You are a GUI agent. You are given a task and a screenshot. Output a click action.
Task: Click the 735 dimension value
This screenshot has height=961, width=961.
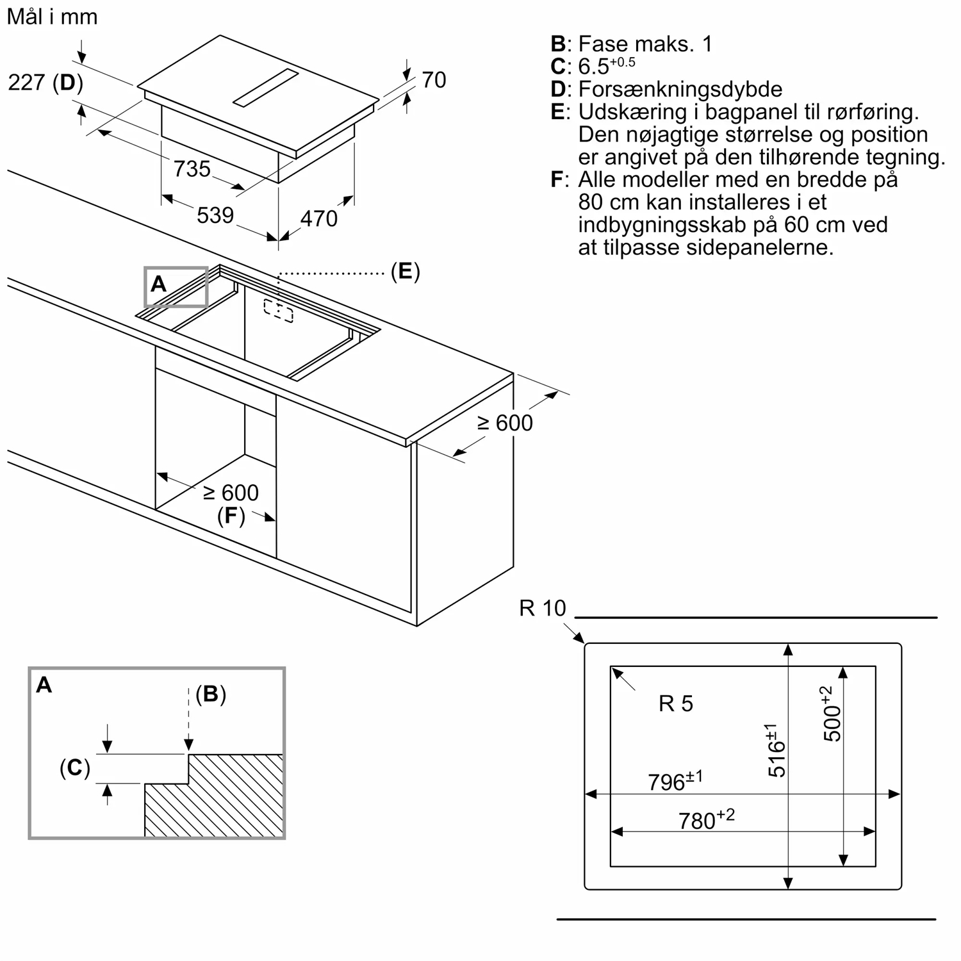coord(192,169)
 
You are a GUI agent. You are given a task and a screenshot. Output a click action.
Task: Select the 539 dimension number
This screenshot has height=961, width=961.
coord(215,215)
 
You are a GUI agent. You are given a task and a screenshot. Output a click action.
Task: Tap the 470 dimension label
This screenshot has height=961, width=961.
coord(318,219)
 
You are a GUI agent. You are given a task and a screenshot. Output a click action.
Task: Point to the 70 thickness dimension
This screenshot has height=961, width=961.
coord(434,80)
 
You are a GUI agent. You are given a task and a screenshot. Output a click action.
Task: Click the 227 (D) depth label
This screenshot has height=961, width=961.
coord(45,83)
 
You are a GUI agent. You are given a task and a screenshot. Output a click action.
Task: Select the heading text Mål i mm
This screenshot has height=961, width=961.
coord(52,17)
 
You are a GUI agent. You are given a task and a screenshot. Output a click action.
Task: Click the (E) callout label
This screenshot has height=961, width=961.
coord(405,272)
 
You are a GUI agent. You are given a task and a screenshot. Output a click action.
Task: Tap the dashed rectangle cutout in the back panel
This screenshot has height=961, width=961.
coord(279,311)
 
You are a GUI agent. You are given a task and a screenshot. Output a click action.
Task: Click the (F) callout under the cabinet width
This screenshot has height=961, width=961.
coord(231,516)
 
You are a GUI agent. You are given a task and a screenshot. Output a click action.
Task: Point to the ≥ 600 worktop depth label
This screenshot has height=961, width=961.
coord(505,423)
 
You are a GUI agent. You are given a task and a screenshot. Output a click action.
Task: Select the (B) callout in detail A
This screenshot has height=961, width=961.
coord(211,694)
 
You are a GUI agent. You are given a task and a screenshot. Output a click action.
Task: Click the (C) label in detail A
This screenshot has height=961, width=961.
coord(74,768)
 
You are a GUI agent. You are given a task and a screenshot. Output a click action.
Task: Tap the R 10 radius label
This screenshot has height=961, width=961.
coord(543,608)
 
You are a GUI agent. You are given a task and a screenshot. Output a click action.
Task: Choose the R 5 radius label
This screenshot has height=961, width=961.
coord(676,704)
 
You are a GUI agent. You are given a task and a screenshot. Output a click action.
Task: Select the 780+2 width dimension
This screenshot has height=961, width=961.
coord(706,819)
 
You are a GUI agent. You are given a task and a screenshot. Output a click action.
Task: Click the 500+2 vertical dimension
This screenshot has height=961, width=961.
coord(831,714)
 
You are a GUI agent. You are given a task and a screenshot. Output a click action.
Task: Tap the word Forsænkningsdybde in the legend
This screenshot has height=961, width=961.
coord(680,89)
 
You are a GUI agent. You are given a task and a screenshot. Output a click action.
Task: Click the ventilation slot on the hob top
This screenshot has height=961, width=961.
coord(266,88)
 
